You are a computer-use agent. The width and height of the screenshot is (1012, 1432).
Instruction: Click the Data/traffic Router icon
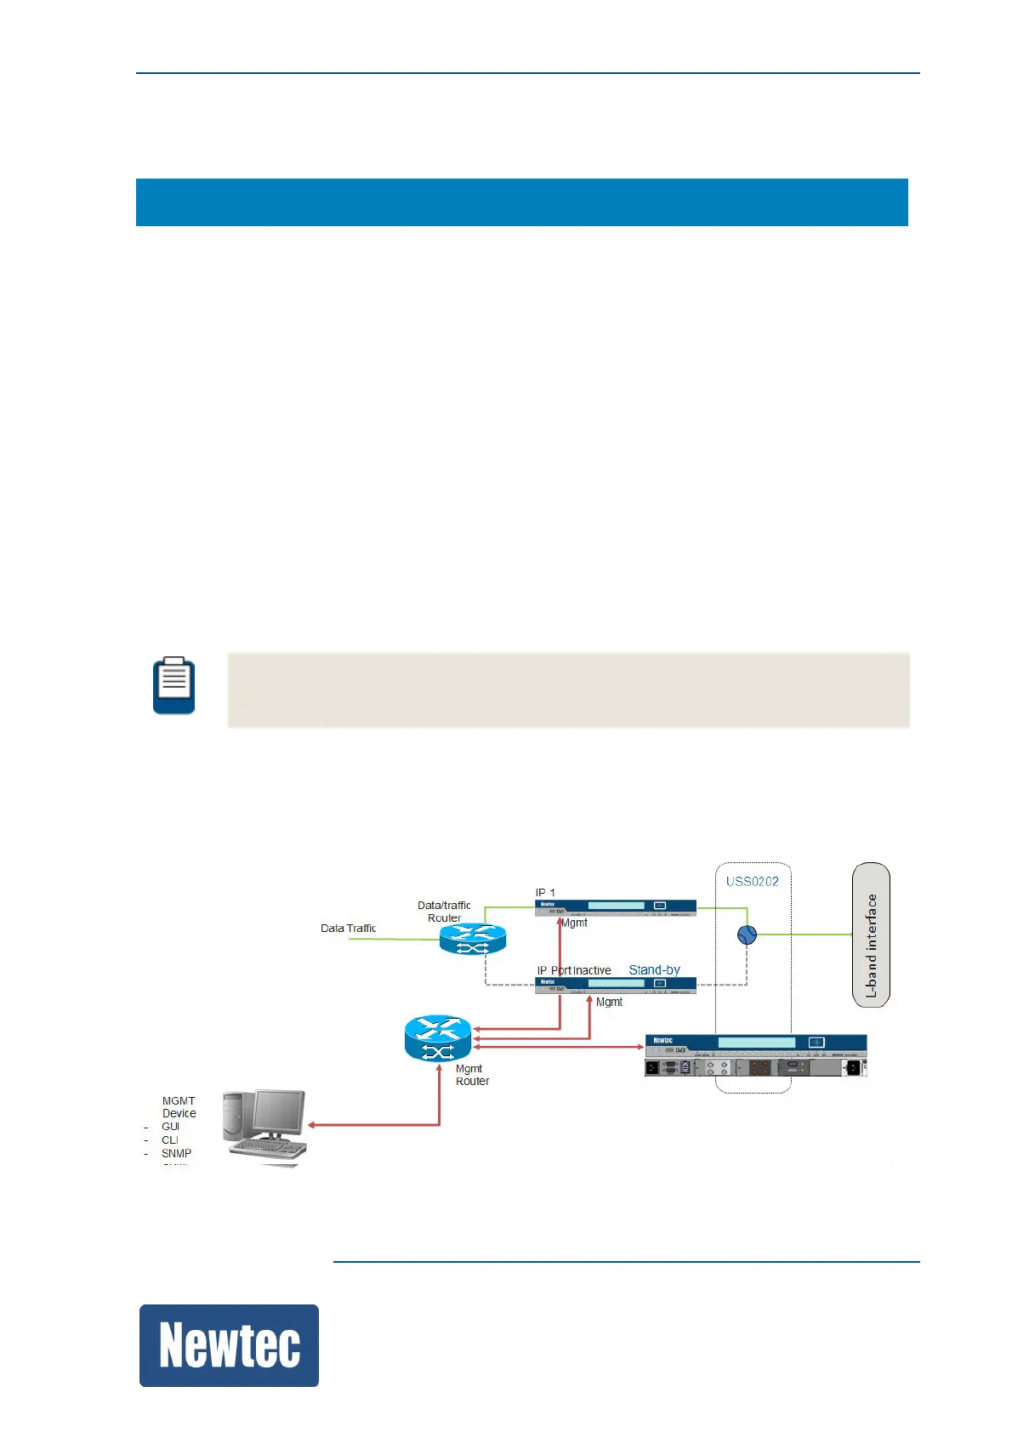473,939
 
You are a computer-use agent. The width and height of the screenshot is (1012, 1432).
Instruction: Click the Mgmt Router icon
438,1038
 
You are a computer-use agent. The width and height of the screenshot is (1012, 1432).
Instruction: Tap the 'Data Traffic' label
348,929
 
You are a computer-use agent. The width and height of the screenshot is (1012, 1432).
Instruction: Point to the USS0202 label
752,882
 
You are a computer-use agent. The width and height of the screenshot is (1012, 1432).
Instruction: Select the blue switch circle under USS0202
747,935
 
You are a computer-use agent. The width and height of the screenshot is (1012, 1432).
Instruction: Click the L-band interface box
871,935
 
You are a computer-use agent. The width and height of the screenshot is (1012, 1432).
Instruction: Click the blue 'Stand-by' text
654,970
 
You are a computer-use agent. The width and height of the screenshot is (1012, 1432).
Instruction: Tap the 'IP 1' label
545,893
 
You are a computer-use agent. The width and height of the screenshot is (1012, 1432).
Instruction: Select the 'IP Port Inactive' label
574,970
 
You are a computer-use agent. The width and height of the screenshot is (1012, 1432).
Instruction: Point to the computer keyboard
268,1149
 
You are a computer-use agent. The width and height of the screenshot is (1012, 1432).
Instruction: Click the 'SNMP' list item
176,1154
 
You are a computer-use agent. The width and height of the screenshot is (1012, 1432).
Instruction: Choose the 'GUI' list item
170,1127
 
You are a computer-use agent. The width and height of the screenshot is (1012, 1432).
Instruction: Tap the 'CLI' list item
170,1140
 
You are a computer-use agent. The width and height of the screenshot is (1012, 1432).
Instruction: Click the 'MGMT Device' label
179,1107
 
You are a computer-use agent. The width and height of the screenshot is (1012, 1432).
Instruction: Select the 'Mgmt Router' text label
472,1075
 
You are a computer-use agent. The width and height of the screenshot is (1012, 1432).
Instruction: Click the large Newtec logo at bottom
229,1345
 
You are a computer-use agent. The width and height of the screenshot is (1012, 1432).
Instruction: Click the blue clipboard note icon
174,685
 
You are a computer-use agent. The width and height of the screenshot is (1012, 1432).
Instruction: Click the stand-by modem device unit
616,985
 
